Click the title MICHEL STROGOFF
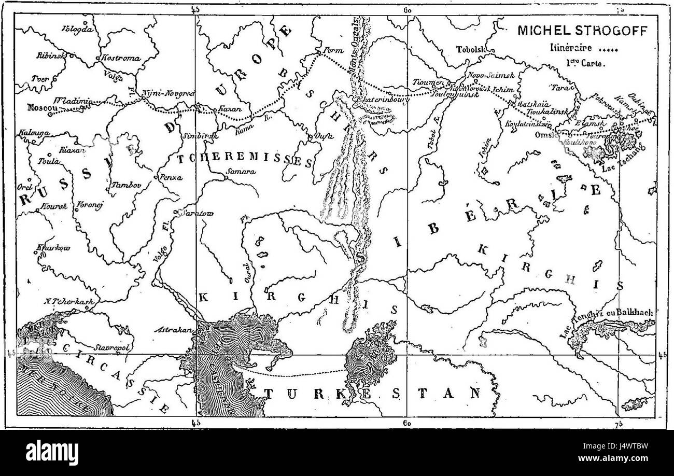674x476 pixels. click(x=582, y=31)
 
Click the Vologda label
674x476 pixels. click(x=77, y=29)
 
